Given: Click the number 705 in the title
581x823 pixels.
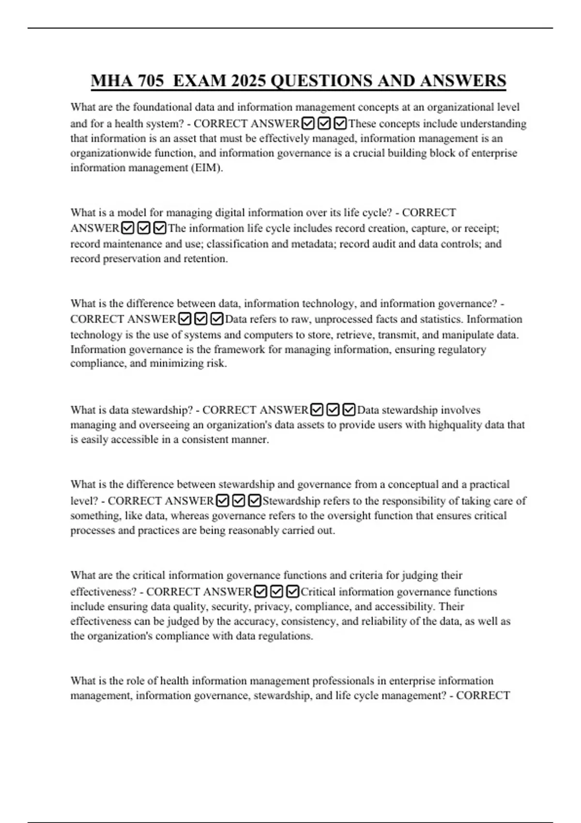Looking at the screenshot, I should [x=151, y=80].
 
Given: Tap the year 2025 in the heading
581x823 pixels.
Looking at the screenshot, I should [x=248, y=80].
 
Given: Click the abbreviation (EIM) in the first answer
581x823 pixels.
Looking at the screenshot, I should [x=208, y=168].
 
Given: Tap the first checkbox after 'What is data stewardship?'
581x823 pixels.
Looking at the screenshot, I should [x=317, y=410].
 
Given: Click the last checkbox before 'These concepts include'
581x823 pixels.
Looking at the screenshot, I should [x=340, y=124].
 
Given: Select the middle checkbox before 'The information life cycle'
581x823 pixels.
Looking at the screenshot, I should [x=143, y=228].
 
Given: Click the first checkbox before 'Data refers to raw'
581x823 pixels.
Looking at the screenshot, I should [x=184, y=319].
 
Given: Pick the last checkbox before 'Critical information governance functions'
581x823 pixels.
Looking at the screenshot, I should [x=293, y=592].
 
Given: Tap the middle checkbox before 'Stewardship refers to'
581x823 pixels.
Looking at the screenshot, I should [x=238, y=501].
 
